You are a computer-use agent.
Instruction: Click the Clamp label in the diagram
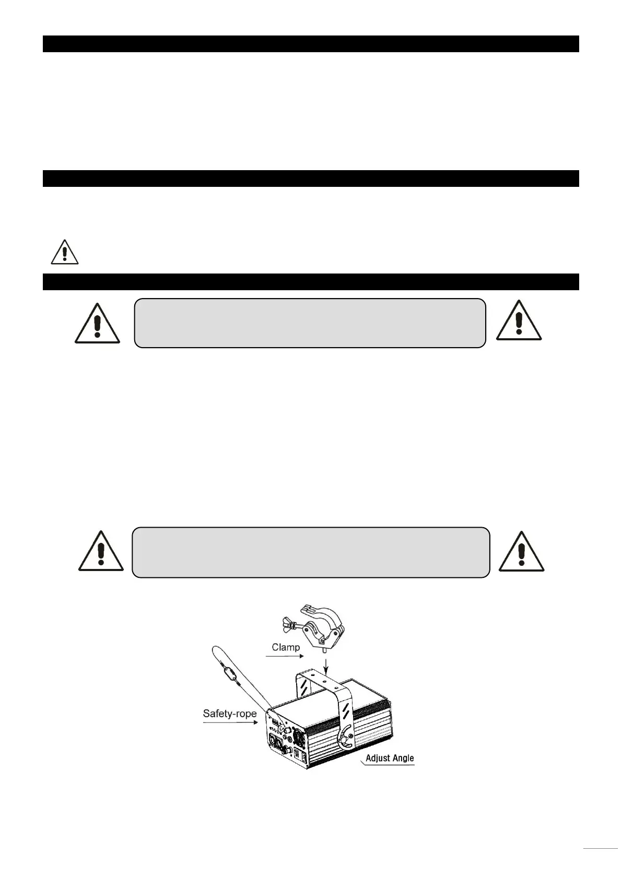click(286, 647)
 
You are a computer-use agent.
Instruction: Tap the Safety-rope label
click(229, 713)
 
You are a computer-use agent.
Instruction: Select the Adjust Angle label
click(389, 758)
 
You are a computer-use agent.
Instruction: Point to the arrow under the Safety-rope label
click(229, 723)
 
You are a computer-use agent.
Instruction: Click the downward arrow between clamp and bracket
click(325, 664)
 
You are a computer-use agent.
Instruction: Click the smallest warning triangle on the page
click(64, 253)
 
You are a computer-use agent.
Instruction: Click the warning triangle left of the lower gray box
click(100, 553)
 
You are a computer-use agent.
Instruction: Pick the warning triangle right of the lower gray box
click(521, 553)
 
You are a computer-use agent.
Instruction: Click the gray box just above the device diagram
click(310, 552)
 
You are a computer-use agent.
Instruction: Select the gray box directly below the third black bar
click(310, 323)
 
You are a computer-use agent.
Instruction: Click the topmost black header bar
click(311, 44)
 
